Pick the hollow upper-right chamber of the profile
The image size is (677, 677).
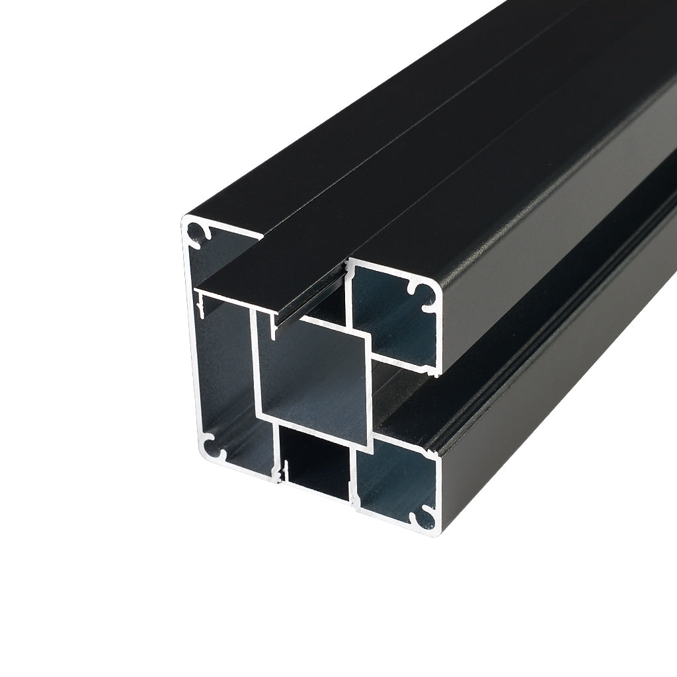coord(390,317)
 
